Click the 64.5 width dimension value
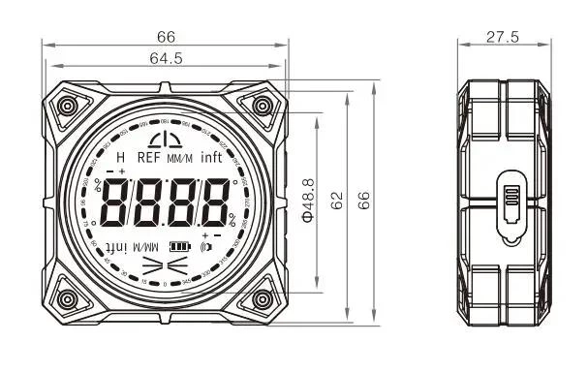(x=166, y=59)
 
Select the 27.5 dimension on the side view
(x=503, y=36)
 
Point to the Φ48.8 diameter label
(x=309, y=198)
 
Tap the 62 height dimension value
(x=337, y=201)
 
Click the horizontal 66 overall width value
(x=166, y=36)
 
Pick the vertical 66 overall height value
(x=366, y=201)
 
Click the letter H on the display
(x=120, y=157)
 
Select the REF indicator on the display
(x=148, y=157)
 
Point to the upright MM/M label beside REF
(x=179, y=158)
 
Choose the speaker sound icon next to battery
(x=205, y=246)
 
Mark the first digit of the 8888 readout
(x=117, y=202)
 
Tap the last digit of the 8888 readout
(x=215, y=202)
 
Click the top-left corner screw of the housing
(x=68, y=104)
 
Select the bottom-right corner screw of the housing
(x=263, y=295)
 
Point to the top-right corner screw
(x=263, y=104)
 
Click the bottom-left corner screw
(x=68, y=295)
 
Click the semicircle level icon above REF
(x=165, y=136)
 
